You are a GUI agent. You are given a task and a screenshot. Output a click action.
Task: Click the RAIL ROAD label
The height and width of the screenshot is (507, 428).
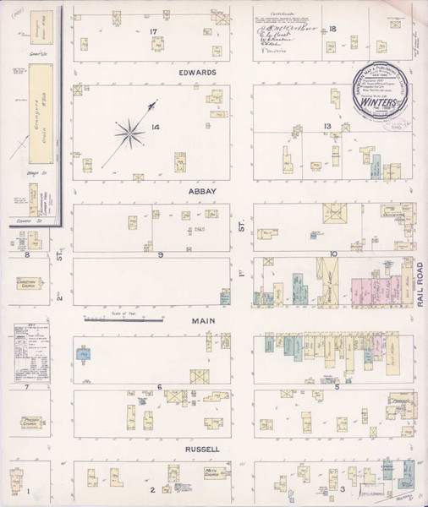click(420, 283)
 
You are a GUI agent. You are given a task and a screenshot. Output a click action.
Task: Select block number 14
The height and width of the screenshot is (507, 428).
click(155, 128)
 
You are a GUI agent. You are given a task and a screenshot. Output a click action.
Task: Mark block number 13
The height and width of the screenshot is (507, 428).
click(326, 127)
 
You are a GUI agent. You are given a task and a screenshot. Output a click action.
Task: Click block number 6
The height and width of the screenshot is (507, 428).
click(158, 386)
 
